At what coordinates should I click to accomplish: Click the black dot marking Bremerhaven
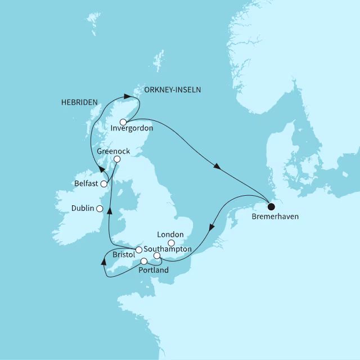[x=272, y=205]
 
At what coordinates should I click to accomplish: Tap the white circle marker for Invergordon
[x=123, y=121]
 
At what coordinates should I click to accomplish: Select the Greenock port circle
[x=117, y=160]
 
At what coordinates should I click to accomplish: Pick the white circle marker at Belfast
[x=103, y=183]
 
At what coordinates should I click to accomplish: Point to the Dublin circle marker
[x=100, y=208]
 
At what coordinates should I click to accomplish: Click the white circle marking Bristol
[x=138, y=250]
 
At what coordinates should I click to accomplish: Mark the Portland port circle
[x=144, y=261]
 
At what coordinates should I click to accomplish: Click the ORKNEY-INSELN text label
[x=173, y=89]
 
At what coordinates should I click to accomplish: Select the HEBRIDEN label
[x=79, y=102]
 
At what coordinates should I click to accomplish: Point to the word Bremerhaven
[x=271, y=216]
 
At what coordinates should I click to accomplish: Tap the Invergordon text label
[x=133, y=129]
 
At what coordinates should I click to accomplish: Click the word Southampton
[x=168, y=249]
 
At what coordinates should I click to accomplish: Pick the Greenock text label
[x=112, y=151]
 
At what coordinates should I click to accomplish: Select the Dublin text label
[x=83, y=208]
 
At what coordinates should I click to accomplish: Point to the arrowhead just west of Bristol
[x=103, y=261]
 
